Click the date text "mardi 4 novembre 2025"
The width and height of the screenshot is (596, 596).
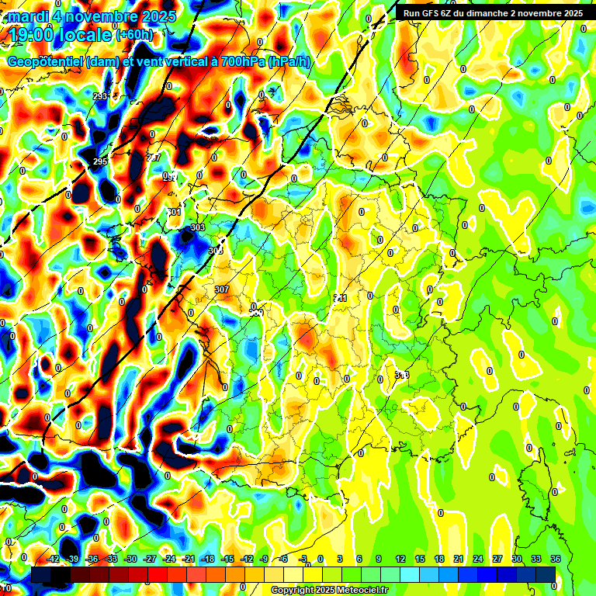[92, 16]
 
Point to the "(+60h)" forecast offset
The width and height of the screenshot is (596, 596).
[135, 35]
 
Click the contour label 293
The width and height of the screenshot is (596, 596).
[100, 96]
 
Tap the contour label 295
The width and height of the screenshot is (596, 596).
[100, 161]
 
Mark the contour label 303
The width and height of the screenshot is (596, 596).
[198, 227]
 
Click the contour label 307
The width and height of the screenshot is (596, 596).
[223, 289]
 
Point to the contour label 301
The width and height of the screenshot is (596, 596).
[175, 212]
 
